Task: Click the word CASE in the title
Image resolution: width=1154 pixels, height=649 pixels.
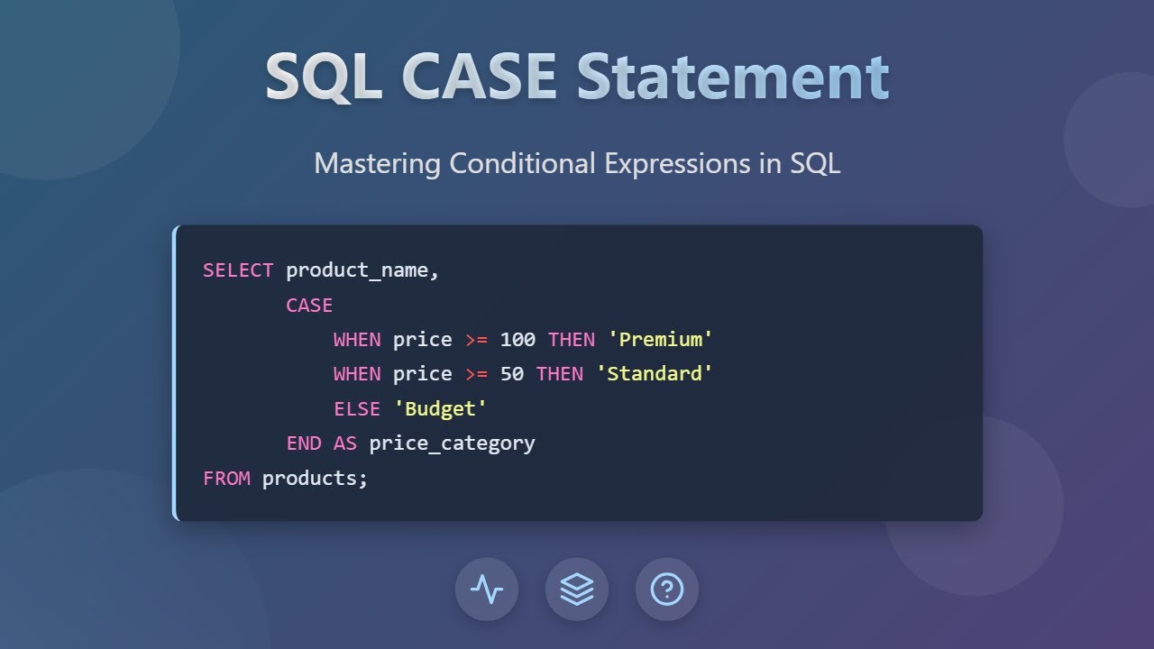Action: click(x=479, y=77)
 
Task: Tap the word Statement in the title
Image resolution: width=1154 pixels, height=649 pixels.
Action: click(x=733, y=77)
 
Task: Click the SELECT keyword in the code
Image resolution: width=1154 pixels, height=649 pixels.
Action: click(x=238, y=270)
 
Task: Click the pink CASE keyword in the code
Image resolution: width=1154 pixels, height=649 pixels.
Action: click(x=309, y=306)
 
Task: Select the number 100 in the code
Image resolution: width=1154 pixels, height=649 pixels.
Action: click(x=517, y=340)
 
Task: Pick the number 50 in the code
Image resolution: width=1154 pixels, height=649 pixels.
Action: click(x=511, y=374)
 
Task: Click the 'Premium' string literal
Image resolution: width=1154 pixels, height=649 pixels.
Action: click(x=661, y=340)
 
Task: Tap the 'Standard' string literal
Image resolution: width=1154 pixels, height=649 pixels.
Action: click(x=655, y=374)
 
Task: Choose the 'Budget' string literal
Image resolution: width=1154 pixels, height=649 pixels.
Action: click(x=441, y=408)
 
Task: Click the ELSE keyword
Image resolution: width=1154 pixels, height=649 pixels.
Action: click(x=357, y=408)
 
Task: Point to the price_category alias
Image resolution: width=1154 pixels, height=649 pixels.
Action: click(x=452, y=443)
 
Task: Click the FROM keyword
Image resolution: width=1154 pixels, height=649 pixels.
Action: click(x=226, y=478)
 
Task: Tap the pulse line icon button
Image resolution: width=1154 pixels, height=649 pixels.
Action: click(x=487, y=590)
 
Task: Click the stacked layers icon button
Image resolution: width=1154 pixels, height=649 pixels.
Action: click(x=577, y=590)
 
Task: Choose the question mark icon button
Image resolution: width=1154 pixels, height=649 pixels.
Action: click(x=667, y=590)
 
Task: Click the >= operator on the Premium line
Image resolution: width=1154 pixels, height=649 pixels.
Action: click(x=476, y=340)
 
